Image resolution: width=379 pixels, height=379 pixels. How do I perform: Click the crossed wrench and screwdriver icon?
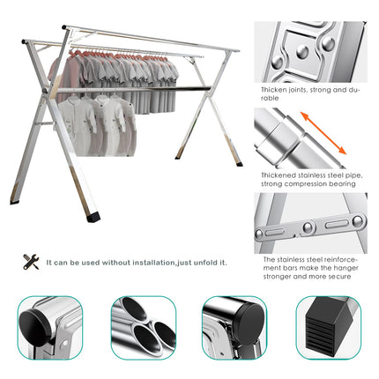[31, 261]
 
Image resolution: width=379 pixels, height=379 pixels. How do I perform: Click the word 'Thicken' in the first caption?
[274, 90]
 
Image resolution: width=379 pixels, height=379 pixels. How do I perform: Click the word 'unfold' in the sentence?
[208, 262]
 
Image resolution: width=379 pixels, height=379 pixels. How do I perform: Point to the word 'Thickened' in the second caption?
[279, 175]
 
